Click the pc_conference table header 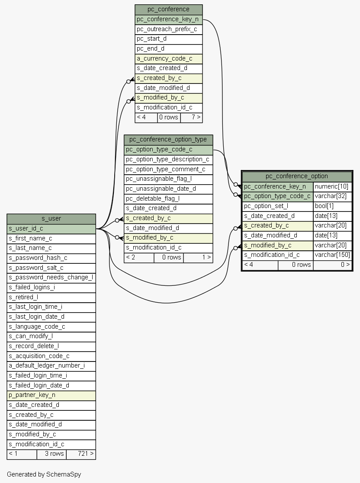(169, 10)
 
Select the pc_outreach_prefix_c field (169, 29)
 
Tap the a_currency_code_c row (169, 59)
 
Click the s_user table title (51, 219)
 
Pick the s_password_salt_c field (51, 268)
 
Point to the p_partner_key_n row (51, 395)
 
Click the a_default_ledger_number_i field (51, 366)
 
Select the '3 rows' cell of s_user (51, 454)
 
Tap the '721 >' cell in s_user (81, 454)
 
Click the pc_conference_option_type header (168, 140)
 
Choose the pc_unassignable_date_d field (168, 189)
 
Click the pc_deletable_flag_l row (168, 198)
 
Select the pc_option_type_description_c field (168, 160)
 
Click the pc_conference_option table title (297, 176)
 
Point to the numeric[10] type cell (332, 187)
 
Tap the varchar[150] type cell (332, 255)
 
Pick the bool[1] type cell (332, 206)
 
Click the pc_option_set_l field (278, 206)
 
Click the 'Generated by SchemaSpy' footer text (44, 474)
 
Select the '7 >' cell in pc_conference (191, 118)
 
